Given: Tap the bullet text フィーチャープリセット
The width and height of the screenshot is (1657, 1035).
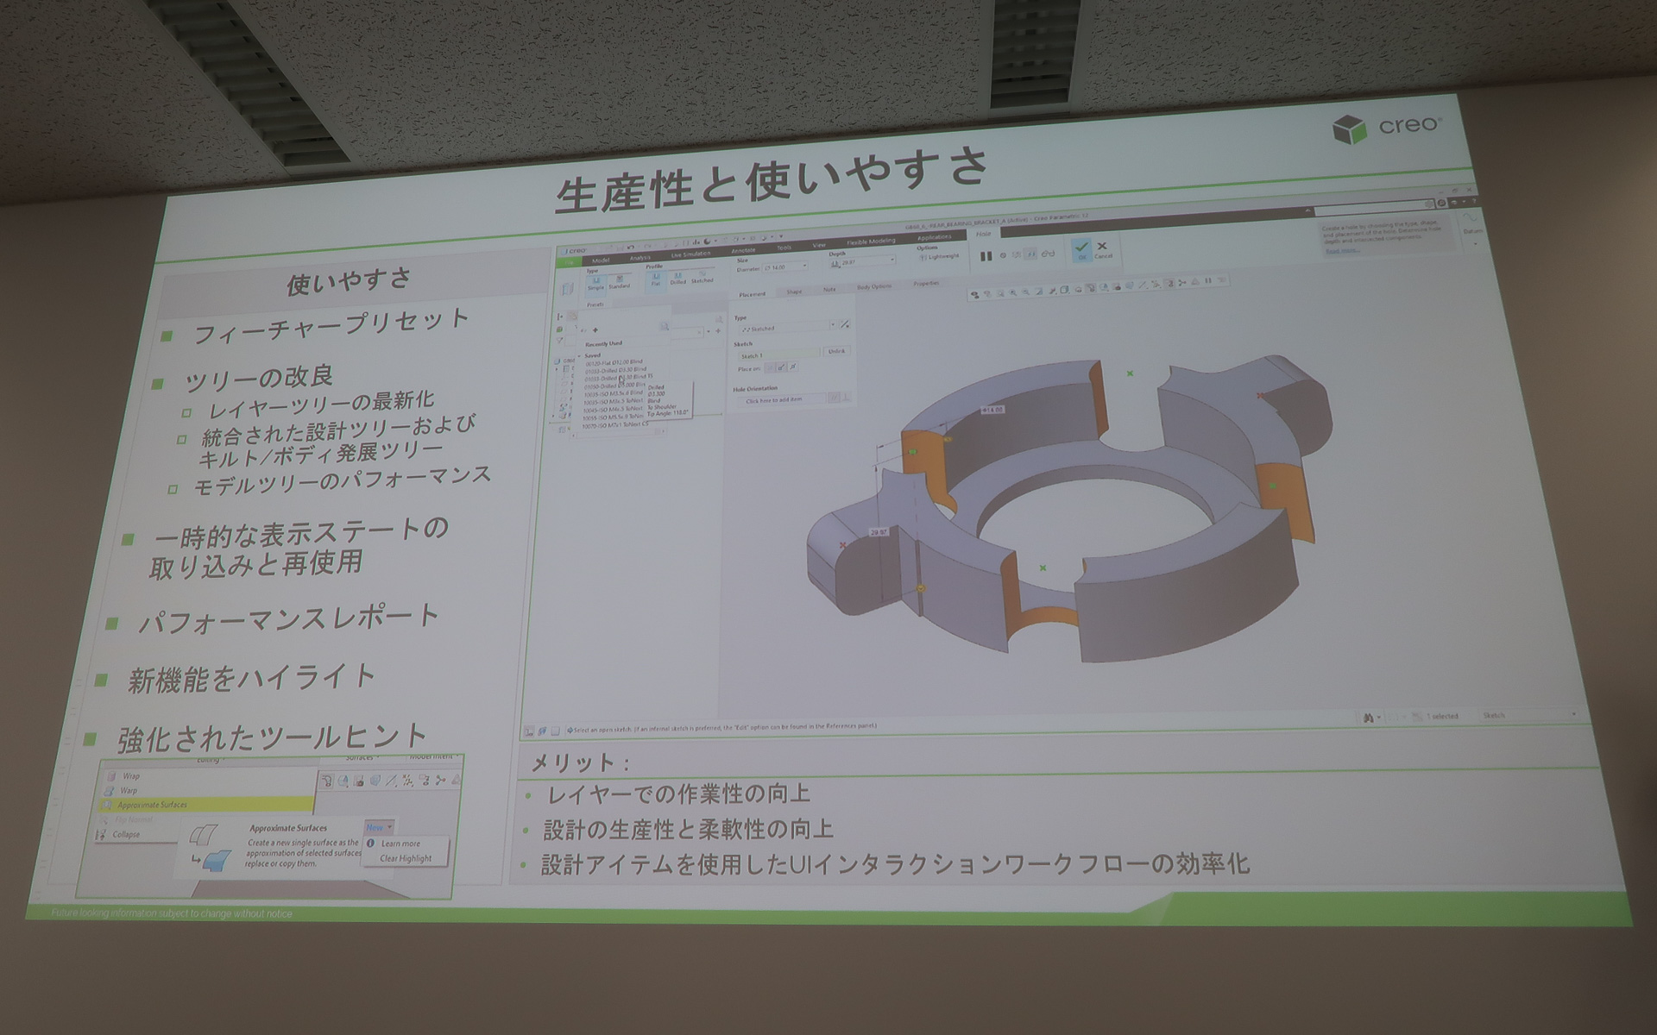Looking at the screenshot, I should pyautogui.click(x=331, y=326).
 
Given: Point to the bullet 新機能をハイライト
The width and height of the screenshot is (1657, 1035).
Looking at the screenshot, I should pyautogui.click(x=251, y=679).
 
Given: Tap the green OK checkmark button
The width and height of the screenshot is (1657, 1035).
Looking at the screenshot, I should pyautogui.click(x=1081, y=249).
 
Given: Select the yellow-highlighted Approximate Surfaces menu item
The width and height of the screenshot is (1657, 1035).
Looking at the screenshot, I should pyautogui.click(x=153, y=805).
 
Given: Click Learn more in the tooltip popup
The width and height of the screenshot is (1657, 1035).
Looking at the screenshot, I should pyautogui.click(x=400, y=844).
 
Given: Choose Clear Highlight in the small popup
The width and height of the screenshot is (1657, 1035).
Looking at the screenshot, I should pyautogui.click(x=406, y=858).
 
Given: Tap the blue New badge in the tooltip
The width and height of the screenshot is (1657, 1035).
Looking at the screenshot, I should pyautogui.click(x=377, y=827).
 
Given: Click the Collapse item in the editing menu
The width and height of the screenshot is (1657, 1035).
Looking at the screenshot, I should pyautogui.click(x=126, y=834).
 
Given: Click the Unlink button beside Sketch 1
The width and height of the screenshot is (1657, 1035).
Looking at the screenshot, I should pyautogui.click(x=835, y=351).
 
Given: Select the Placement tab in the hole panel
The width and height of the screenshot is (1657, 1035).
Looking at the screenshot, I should pyautogui.click(x=752, y=294).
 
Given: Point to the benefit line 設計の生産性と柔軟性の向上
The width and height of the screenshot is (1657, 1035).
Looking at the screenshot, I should pyautogui.click(x=688, y=830).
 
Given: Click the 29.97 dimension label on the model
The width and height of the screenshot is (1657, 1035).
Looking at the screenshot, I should pyautogui.click(x=879, y=532).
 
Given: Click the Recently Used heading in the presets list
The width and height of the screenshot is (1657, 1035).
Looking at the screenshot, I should pyautogui.click(x=603, y=343).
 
